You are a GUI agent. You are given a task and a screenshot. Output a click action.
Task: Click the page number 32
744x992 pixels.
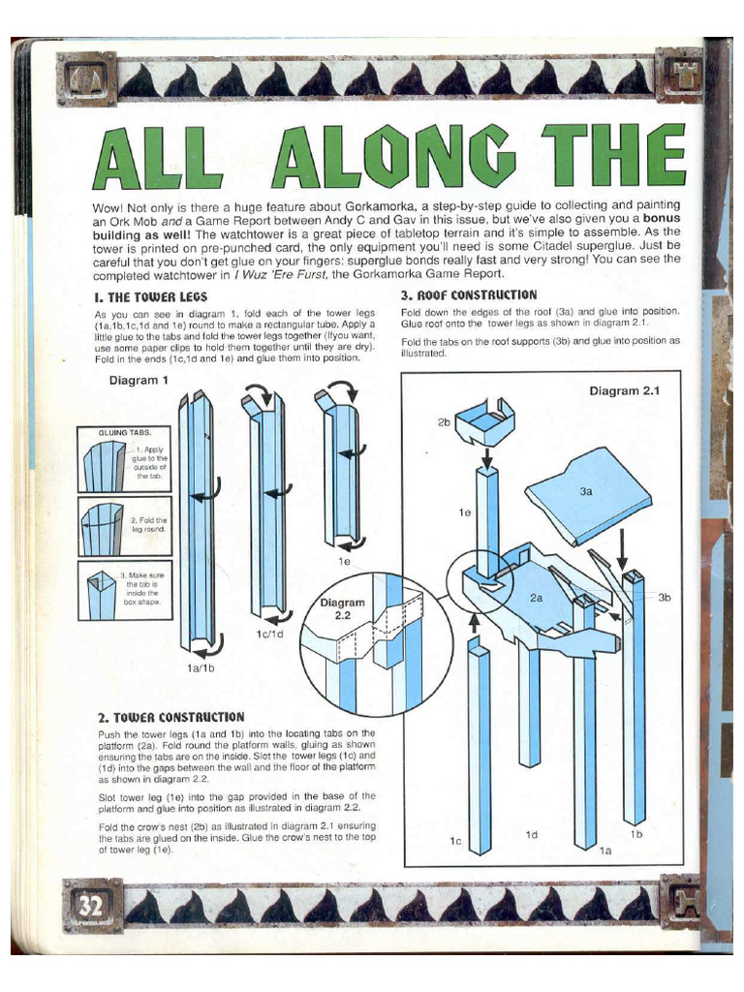pos(90,906)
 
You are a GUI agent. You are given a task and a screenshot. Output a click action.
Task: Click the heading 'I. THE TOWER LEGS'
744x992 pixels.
pos(150,297)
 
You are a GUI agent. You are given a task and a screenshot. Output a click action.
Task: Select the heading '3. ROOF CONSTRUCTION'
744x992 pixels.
pos(469,294)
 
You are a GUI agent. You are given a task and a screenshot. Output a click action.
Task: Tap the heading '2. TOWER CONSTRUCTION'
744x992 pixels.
pos(170,717)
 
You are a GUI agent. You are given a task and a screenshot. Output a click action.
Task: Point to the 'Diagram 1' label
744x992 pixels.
pos(139,380)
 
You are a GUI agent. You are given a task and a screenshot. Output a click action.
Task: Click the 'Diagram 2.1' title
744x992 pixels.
pos(625,391)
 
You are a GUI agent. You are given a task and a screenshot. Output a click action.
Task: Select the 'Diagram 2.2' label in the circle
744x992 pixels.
pos(342,608)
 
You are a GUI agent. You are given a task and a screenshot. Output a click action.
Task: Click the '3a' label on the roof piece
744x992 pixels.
pos(586,491)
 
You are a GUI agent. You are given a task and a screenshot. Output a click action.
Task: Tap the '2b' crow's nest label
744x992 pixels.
pos(444,422)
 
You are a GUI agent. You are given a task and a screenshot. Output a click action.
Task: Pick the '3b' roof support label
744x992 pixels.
pos(665,597)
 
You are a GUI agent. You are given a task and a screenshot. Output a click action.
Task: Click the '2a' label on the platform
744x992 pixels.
pos(536,597)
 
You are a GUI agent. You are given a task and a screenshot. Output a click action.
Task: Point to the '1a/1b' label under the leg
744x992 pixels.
pos(201,667)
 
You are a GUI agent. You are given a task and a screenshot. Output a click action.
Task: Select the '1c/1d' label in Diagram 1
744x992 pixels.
pos(269,634)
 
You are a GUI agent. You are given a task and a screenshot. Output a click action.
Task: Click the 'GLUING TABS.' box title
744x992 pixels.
pos(125,433)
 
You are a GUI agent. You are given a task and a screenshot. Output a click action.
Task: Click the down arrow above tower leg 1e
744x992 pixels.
pos(487,457)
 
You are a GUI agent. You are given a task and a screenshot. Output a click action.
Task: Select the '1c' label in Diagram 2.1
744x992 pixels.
pos(455,841)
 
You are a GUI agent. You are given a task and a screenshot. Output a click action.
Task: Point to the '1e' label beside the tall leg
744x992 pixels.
pos(465,512)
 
